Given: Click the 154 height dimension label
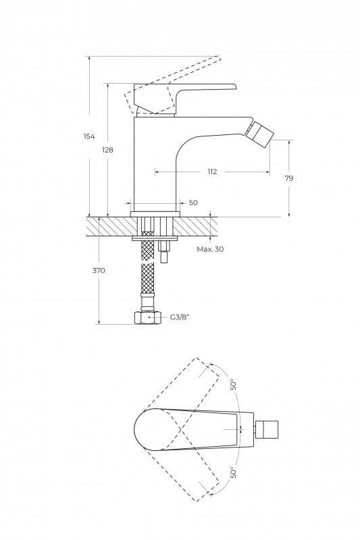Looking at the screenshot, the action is [89, 136].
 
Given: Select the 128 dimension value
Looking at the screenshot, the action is [107, 150].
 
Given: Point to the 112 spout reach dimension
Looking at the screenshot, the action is [212, 171].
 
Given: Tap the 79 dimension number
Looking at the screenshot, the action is [289, 178].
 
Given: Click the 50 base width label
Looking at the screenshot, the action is [194, 202].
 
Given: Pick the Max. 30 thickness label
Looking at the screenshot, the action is [210, 249].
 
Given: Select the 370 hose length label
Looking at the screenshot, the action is [99, 271].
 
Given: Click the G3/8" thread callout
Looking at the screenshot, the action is [180, 317].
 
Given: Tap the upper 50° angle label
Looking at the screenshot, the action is [234, 385].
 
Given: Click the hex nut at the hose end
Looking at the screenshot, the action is [147, 317].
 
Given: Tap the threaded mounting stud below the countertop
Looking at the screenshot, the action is [164, 252].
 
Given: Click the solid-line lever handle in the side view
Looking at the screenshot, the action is [182, 98].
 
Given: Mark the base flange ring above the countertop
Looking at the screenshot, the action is [155, 214].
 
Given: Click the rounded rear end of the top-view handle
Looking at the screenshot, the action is [140, 429].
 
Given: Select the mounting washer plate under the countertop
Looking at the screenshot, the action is [155, 238].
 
